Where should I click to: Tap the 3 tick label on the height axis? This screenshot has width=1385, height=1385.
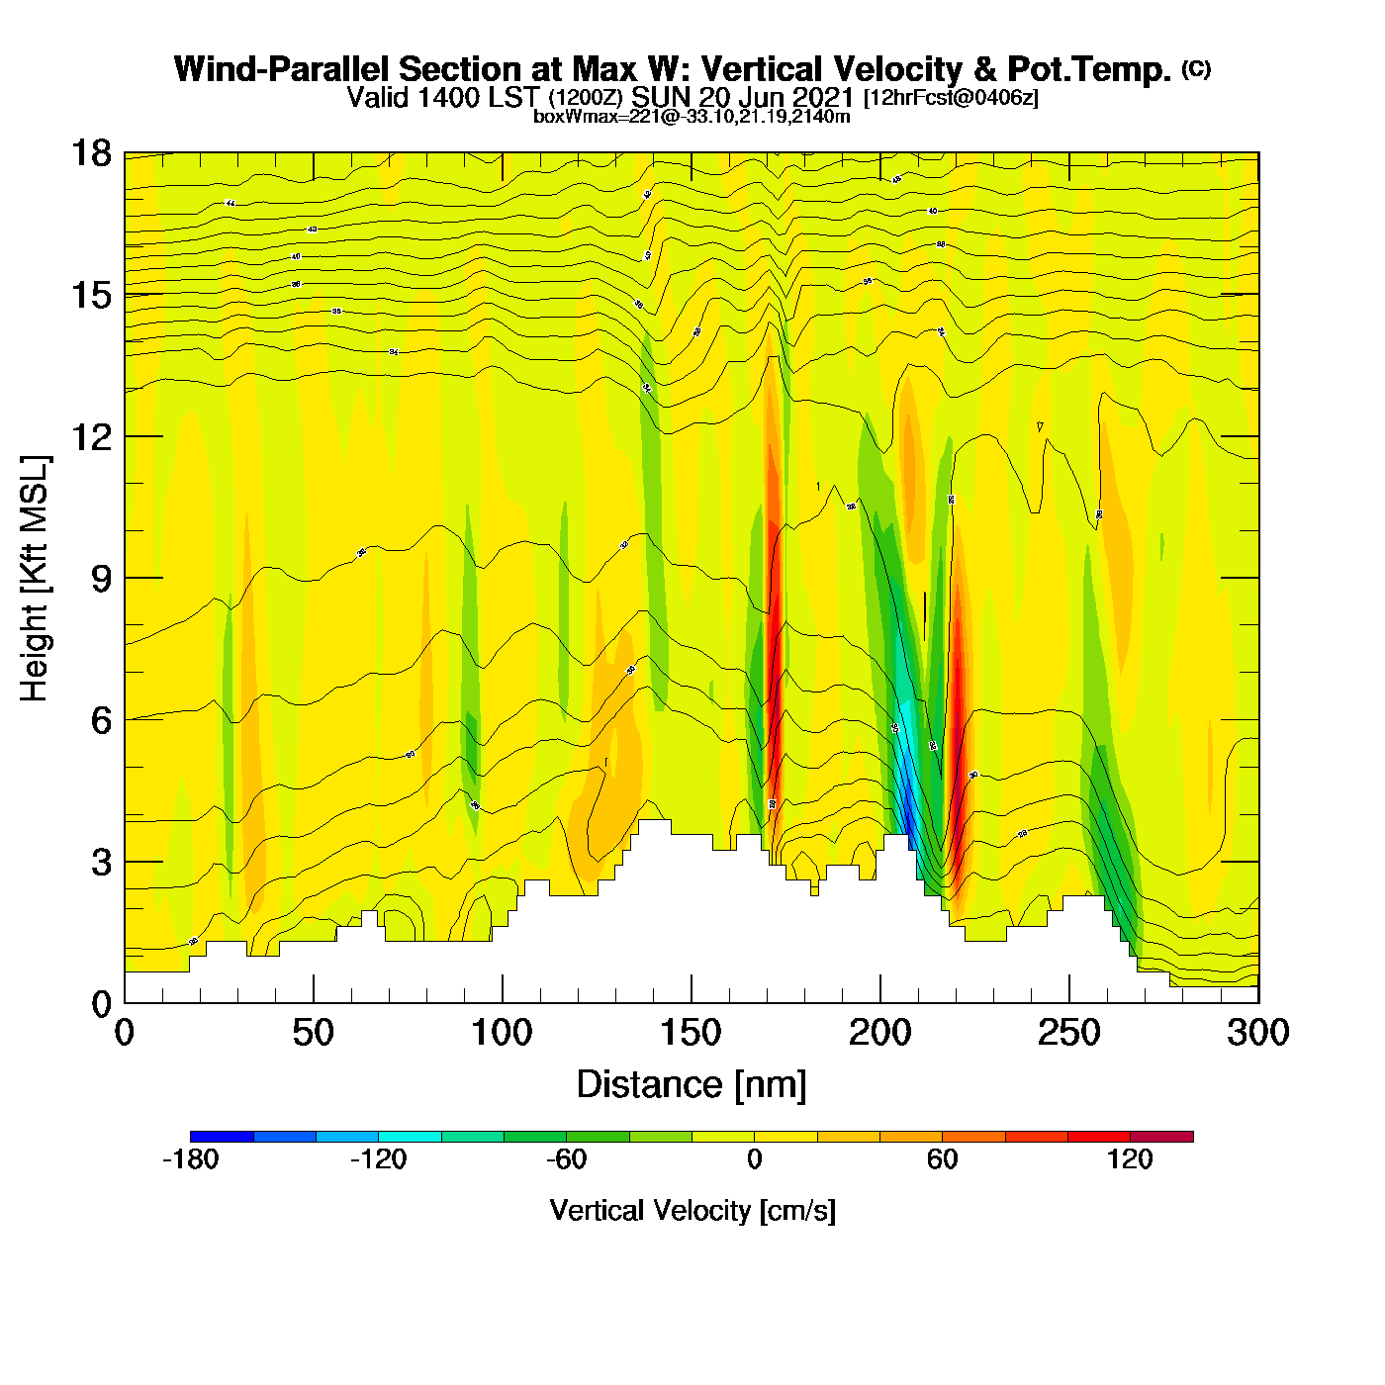click(102, 862)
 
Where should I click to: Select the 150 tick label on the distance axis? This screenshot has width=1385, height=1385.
click(691, 1033)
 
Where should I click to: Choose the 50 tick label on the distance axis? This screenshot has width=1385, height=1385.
click(314, 1033)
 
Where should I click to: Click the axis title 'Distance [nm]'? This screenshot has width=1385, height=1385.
click(692, 1084)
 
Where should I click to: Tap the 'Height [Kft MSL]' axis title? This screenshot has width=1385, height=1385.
click(35, 579)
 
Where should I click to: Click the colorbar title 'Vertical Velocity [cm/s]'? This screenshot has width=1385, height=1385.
click(692, 1210)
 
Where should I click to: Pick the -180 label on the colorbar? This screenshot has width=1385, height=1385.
click(190, 1159)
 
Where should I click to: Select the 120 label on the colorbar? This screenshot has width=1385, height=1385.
click(1130, 1159)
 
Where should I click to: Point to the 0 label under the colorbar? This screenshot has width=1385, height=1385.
click(754, 1159)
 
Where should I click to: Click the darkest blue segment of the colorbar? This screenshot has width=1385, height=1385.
click(222, 1136)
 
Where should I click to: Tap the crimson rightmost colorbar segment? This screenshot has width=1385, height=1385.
click(1161, 1136)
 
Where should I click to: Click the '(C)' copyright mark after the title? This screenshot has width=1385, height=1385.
click(1195, 68)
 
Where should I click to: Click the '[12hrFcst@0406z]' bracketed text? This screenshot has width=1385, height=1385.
click(951, 98)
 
